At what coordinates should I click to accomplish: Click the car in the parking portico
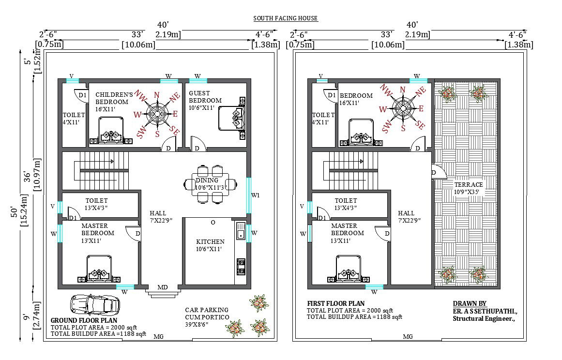tap(94, 305)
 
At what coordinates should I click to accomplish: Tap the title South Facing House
tap(286, 18)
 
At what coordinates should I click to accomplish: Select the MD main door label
tap(163, 287)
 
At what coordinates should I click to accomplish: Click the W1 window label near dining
tap(256, 195)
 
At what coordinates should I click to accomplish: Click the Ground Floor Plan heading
tap(84, 320)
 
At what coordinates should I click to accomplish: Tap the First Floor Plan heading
tap(335, 303)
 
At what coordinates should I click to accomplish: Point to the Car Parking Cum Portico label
tap(207, 314)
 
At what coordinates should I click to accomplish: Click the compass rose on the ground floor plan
tap(157, 114)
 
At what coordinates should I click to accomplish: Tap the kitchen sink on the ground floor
tap(240, 231)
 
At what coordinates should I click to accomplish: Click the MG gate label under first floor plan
tap(408, 337)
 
